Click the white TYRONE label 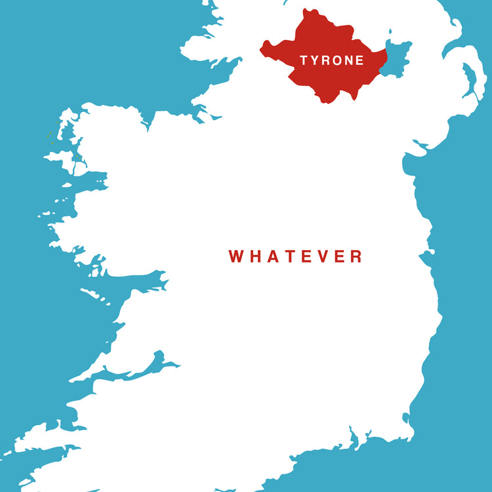click(x=331, y=60)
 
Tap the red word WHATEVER click(x=295, y=256)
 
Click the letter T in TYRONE click(x=304, y=60)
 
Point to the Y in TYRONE click(x=314, y=60)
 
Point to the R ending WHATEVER click(x=355, y=256)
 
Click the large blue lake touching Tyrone click(x=396, y=58)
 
